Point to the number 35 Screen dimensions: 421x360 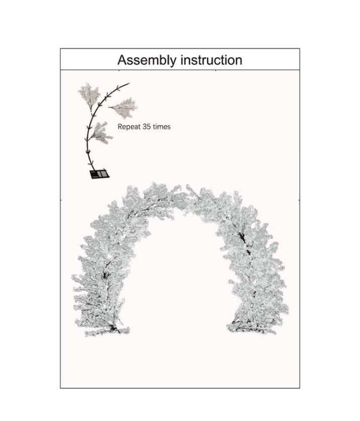[x=147, y=126]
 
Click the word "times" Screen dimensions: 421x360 [x=162, y=126]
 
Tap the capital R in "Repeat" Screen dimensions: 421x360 [x=120, y=126]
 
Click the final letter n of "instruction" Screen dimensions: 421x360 [x=239, y=61]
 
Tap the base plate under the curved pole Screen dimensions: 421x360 [x=99, y=174]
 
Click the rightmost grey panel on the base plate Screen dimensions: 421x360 [x=105, y=175]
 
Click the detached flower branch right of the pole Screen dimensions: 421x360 [x=122, y=105]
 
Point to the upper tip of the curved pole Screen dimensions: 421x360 [x=129, y=83]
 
